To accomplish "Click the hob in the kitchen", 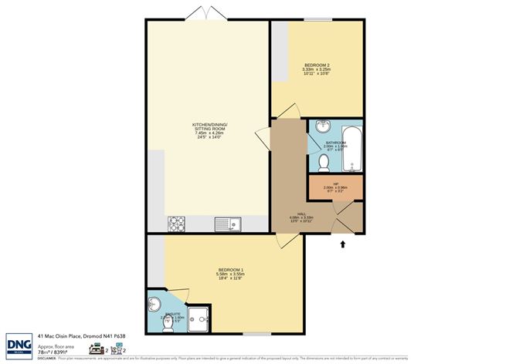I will [176, 224].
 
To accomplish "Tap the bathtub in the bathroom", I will [352, 149].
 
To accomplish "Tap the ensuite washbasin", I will [153, 303].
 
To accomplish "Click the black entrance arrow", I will [343, 244].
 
